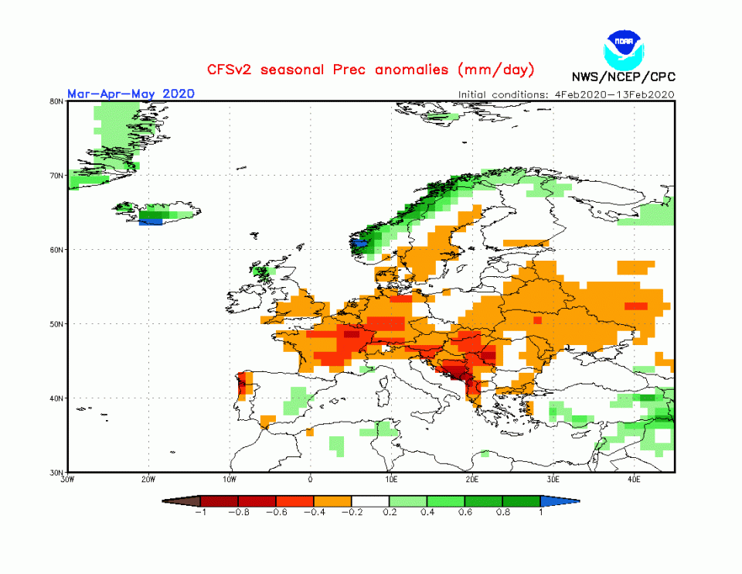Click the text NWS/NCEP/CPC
click(623, 77)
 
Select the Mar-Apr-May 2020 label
click(131, 94)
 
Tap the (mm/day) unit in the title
click(495, 70)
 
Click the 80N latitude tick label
click(56, 101)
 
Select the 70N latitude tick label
click(56, 175)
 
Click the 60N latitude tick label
click(56, 249)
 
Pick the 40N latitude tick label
click(56, 398)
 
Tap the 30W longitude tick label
click(67, 480)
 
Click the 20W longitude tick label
click(149, 480)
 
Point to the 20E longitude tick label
click(472, 480)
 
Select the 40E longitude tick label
click(634, 480)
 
